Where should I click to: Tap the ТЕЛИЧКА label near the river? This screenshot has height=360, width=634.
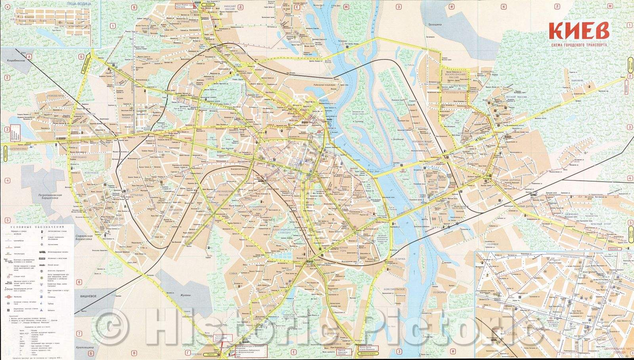[x=398, y=259]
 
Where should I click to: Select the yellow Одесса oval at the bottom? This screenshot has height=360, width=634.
[x=210, y=354]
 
